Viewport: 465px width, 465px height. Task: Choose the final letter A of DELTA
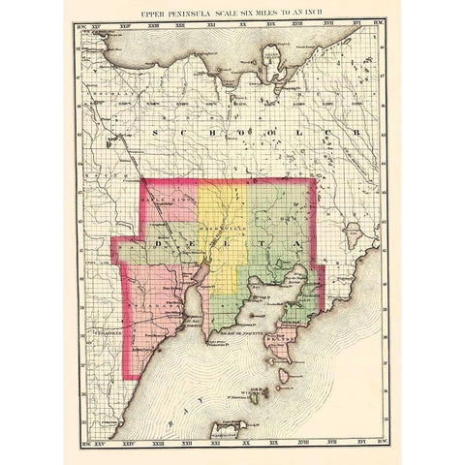pyautogui.click(x=295, y=241)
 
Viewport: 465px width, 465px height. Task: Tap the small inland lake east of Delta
pyautogui.click(x=353, y=232)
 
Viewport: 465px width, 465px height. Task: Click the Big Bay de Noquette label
pyautogui.click(x=239, y=331)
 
